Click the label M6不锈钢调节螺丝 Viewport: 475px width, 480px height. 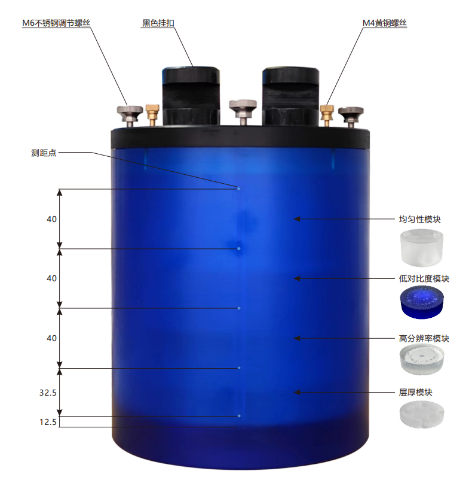pos(56,23)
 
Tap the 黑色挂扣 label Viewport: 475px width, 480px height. pos(158,23)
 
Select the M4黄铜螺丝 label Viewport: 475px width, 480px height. pos(385,23)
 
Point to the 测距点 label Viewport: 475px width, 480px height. pos(44,153)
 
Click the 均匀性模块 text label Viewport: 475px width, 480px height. pos(419,219)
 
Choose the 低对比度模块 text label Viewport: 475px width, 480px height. pos(424,278)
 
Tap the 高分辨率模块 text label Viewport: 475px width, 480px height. pos(424,338)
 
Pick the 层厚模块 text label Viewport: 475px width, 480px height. pos(415,392)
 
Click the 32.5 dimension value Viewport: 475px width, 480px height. pos(48,393)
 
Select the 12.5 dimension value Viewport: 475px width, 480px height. pos(48,422)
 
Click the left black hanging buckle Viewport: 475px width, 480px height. pos(191,96)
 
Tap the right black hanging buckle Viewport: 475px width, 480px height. pos(291,96)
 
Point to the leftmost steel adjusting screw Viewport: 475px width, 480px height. pos(130,116)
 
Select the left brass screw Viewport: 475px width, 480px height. pos(152,115)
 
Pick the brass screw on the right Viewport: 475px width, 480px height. pos(327,116)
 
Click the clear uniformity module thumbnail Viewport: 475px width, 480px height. pos(421,248)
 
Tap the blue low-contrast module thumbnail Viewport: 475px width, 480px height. pos(422,302)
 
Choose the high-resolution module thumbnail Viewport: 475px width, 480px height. pos(422,359)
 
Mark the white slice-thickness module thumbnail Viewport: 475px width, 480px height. pos(422,415)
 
